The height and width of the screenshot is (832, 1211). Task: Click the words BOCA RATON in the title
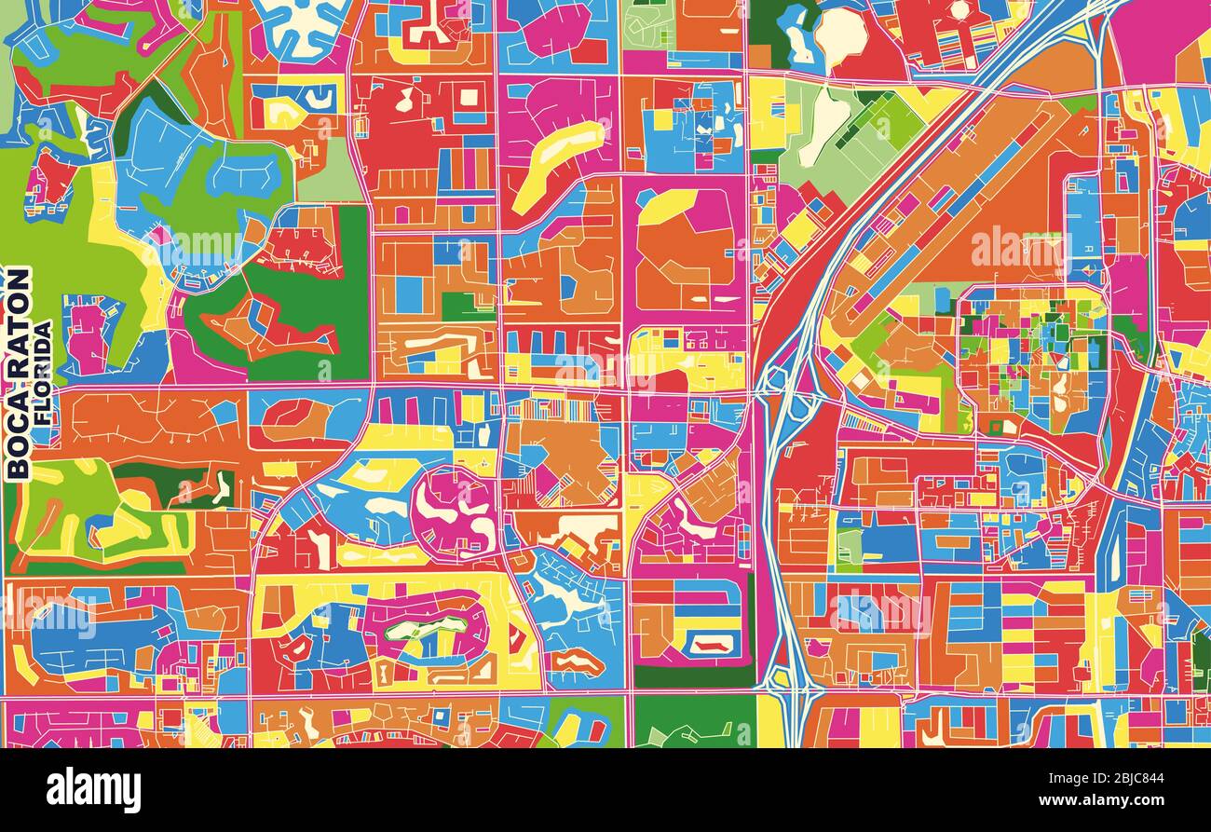pyautogui.click(x=18, y=373)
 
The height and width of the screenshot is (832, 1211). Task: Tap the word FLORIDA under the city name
pyautogui.click(x=44, y=373)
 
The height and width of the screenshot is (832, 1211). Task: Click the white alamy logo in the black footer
pyautogui.click(x=93, y=789)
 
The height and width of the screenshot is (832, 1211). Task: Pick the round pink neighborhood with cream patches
pyautogui.click(x=455, y=512)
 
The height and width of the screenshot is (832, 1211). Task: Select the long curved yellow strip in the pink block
pyautogui.click(x=556, y=163)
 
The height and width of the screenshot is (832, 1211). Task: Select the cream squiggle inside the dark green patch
pyautogui.click(x=220, y=486)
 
